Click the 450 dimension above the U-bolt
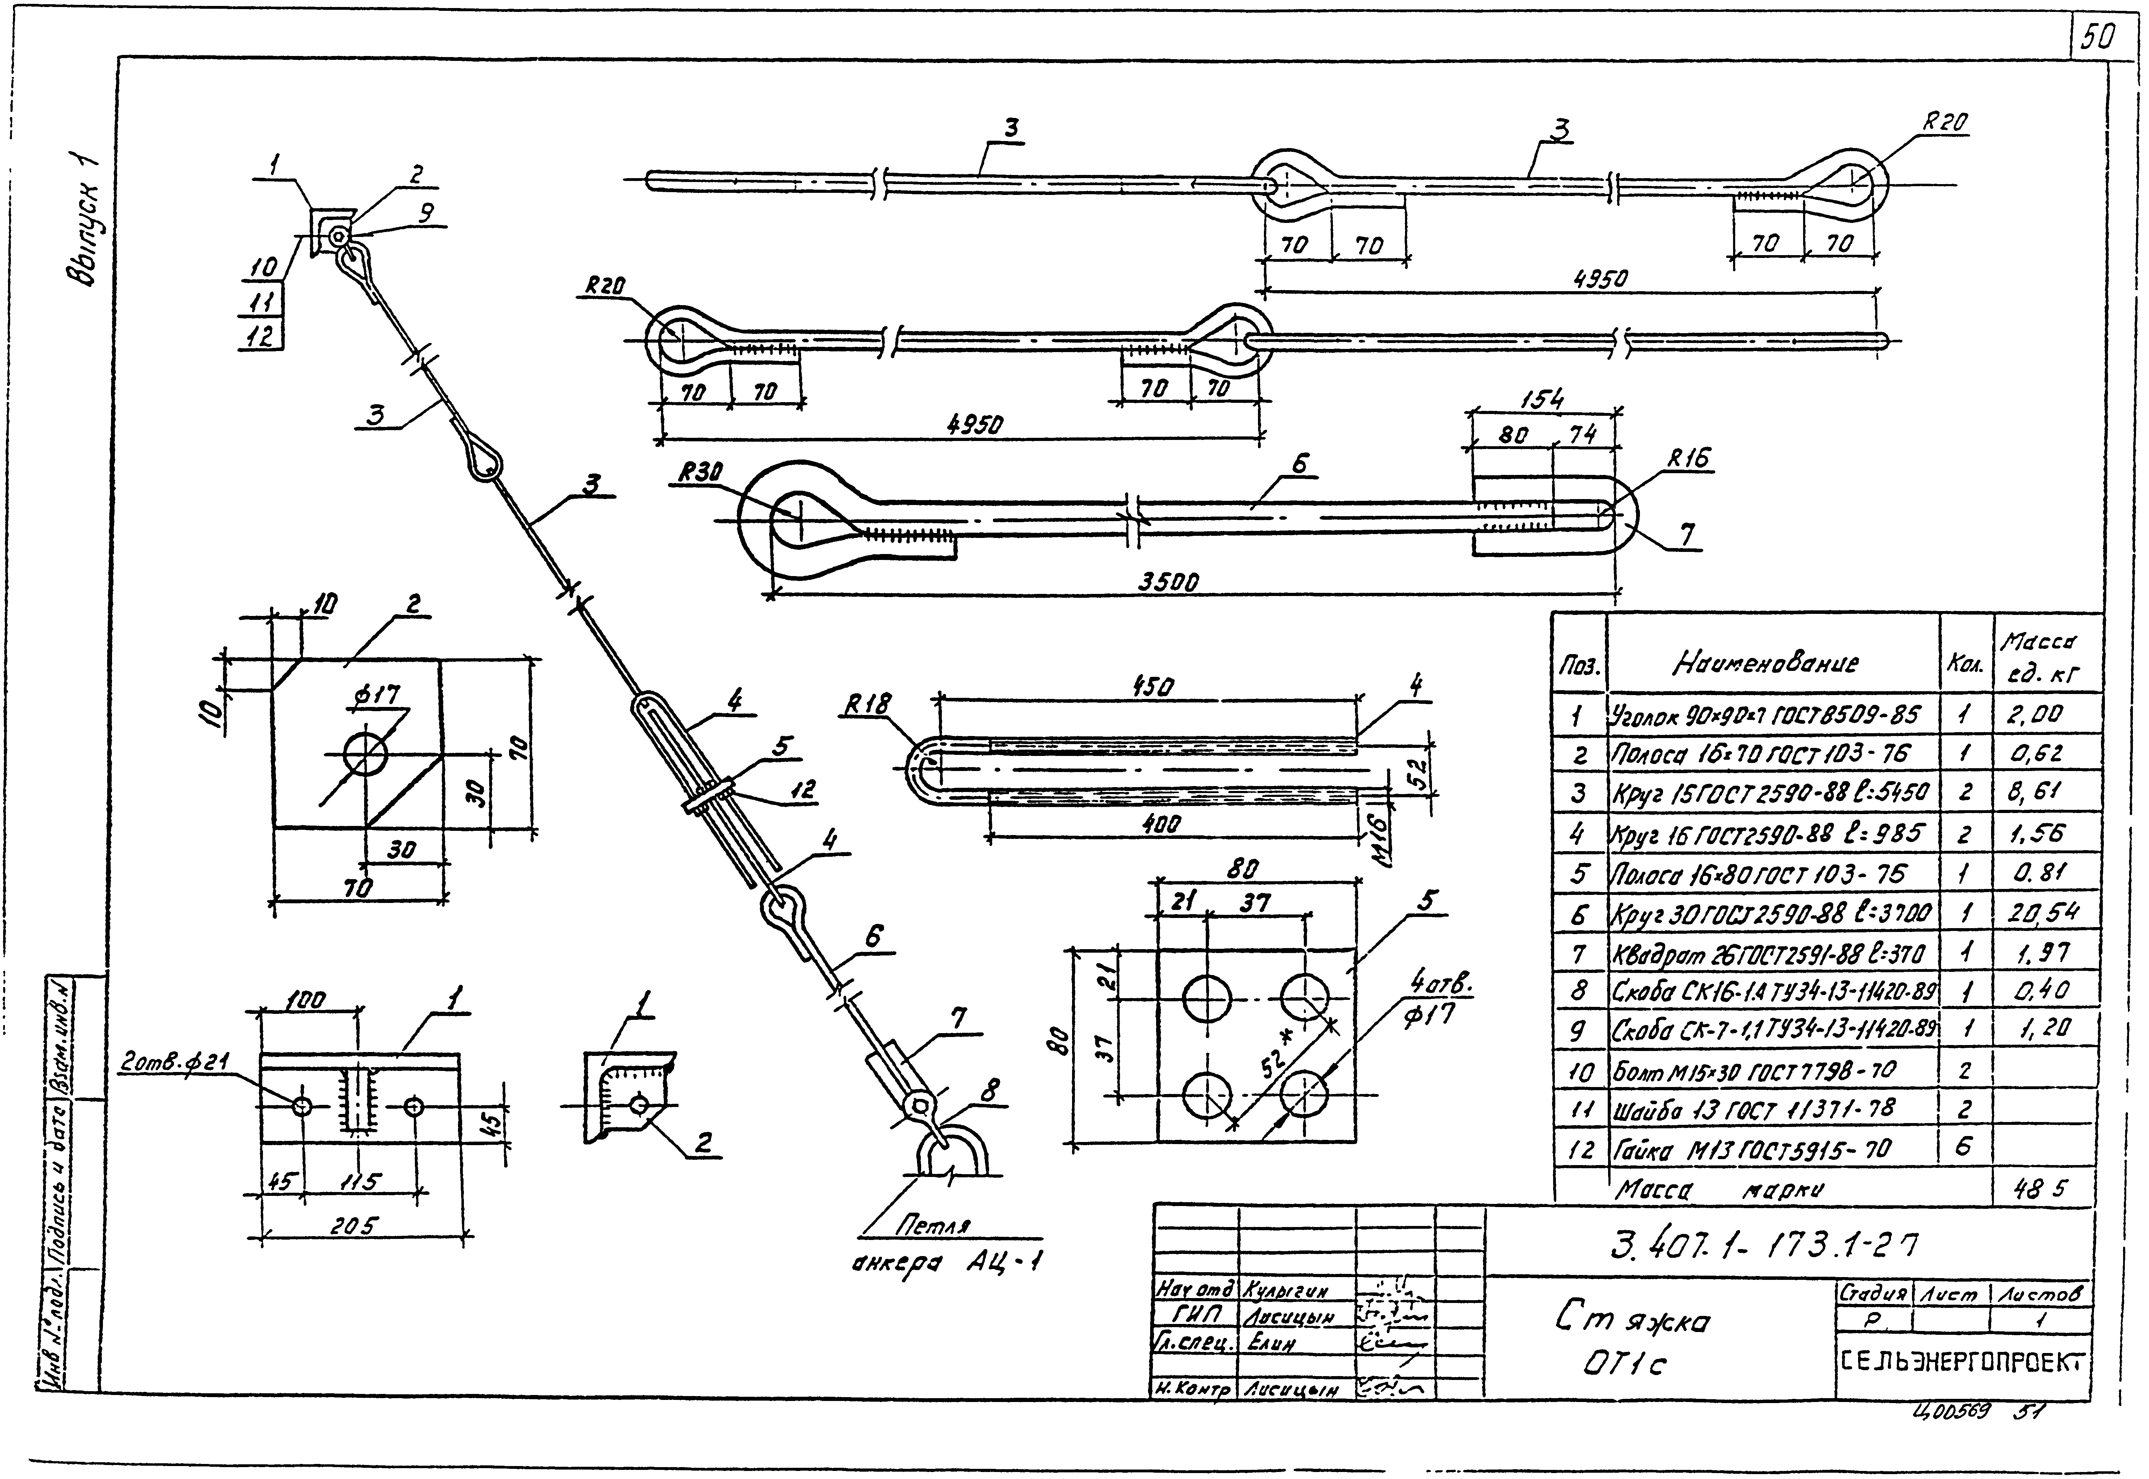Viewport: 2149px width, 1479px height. pos(1152,686)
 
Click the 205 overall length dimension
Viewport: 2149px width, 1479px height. pos(355,1226)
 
